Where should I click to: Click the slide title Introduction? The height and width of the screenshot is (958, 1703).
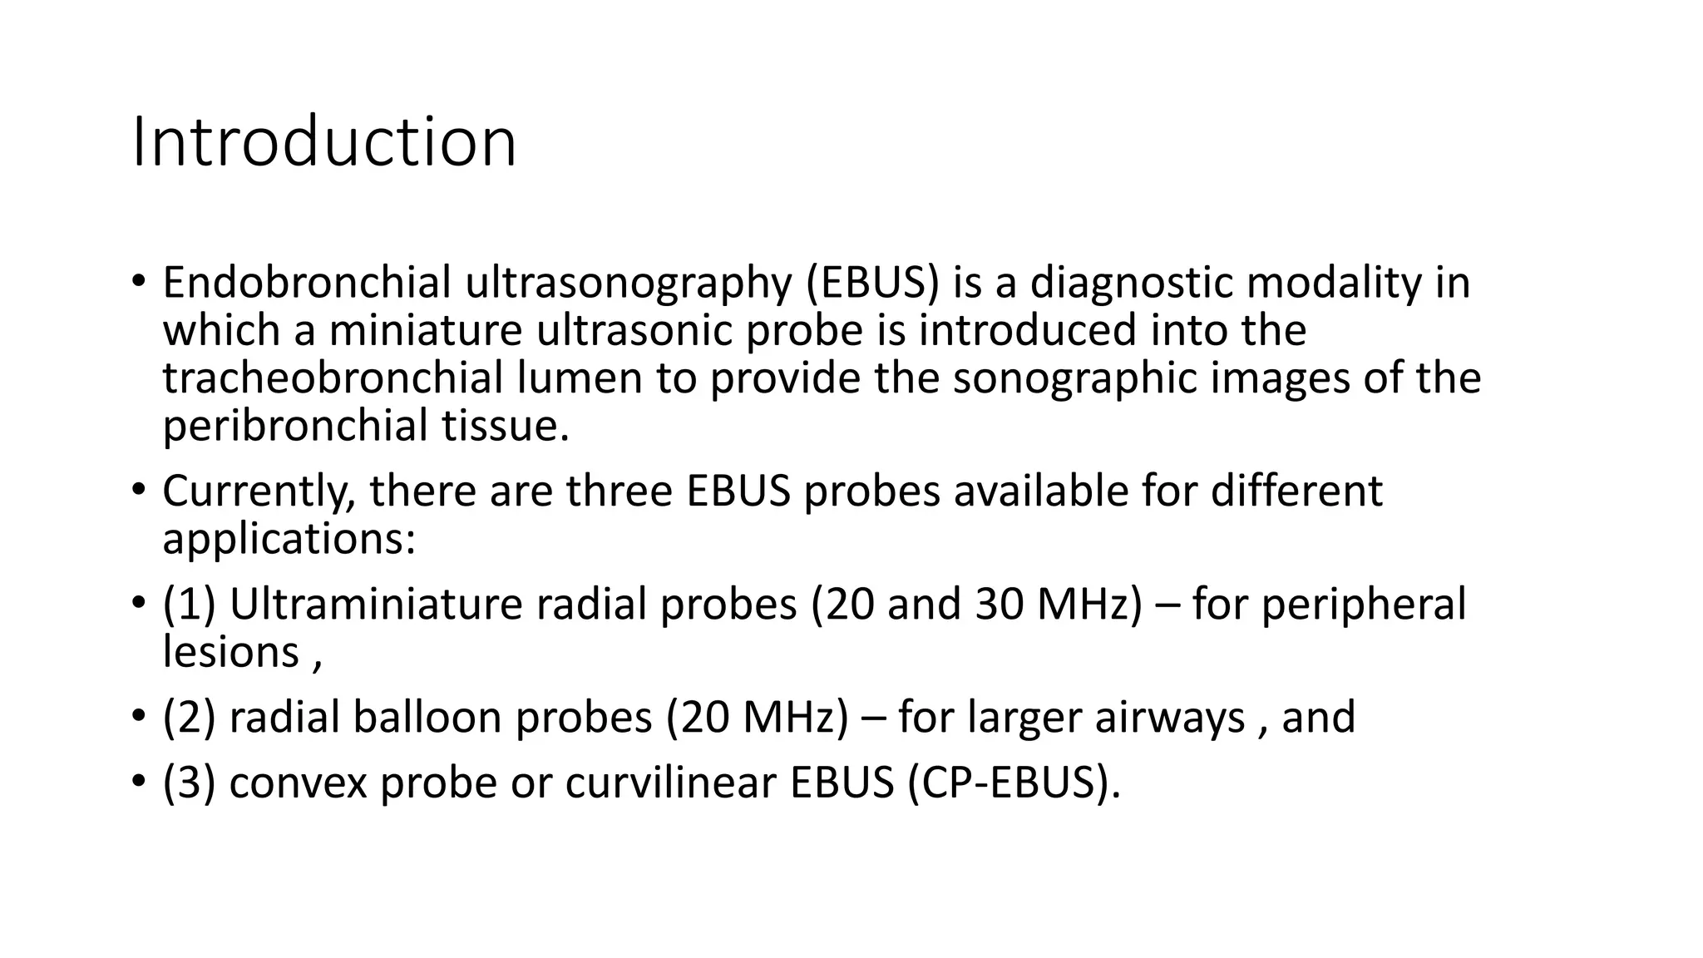pyautogui.click(x=324, y=143)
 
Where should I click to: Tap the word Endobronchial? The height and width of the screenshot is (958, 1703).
pyautogui.click(x=306, y=283)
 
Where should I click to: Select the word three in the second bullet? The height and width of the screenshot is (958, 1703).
pyautogui.click(x=619, y=491)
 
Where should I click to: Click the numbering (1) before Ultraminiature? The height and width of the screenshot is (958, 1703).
pyautogui.click(x=189, y=605)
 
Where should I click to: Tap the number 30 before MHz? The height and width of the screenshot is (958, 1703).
pyautogui.click(x=1000, y=605)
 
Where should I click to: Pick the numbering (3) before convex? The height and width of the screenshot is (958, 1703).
pyautogui.click(x=189, y=783)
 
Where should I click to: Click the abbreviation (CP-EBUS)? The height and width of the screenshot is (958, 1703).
pyautogui.click(x=1014, y=783)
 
